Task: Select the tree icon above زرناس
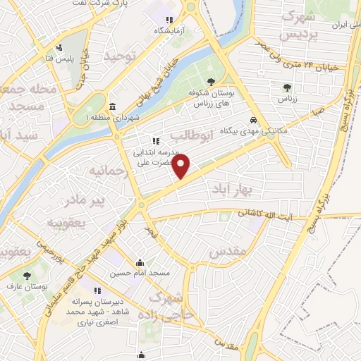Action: click(x=286, y=87)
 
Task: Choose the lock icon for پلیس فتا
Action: click(x=61, y=49)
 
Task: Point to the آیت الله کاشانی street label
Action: click(x=264, y=212)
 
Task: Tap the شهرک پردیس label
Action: click(x=295, y=23)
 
